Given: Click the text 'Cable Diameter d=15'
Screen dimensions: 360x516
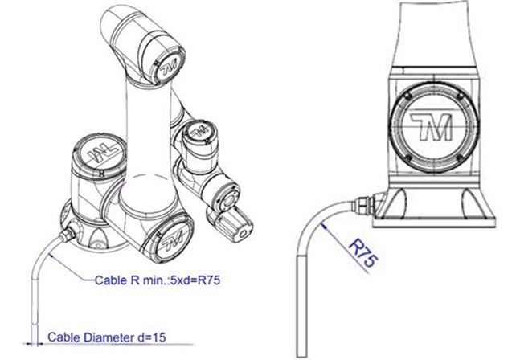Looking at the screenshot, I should click(107, 338).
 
